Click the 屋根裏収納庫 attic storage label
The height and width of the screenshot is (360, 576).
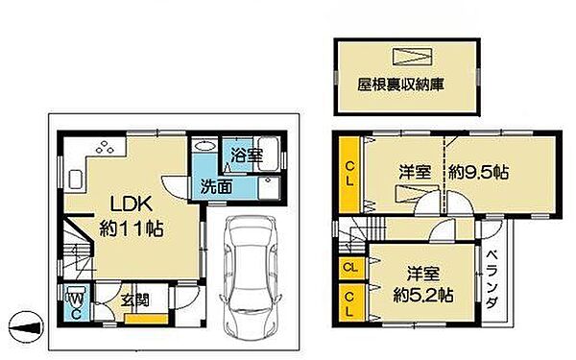tap(406, 84)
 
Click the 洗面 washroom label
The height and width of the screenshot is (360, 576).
tap(216, 186)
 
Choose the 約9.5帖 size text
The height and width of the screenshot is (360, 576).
tap(479, 174)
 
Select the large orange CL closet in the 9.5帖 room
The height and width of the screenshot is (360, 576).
tap(349, 174)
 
